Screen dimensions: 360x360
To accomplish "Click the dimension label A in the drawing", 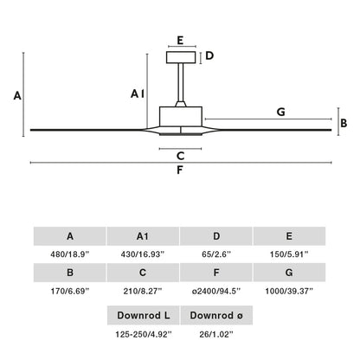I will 16,97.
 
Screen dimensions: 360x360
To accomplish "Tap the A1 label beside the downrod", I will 138,93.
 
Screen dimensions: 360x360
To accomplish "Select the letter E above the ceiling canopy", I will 180,40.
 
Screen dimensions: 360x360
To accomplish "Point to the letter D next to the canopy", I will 209,57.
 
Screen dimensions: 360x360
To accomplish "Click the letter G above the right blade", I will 280,112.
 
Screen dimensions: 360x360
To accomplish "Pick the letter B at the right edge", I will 344,122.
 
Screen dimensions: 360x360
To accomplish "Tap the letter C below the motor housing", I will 180,157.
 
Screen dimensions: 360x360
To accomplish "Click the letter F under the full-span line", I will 180,170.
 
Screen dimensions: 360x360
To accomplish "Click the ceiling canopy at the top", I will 180,57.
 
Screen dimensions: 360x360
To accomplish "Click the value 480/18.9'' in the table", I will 69,254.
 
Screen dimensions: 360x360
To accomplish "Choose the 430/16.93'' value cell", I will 143,254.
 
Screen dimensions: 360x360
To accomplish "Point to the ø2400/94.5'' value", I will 216,292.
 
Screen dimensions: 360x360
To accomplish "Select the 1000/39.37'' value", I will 290,292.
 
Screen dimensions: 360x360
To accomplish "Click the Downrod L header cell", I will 143,315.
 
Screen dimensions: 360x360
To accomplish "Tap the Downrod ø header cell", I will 216,315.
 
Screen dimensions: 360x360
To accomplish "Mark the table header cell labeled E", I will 290,236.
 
